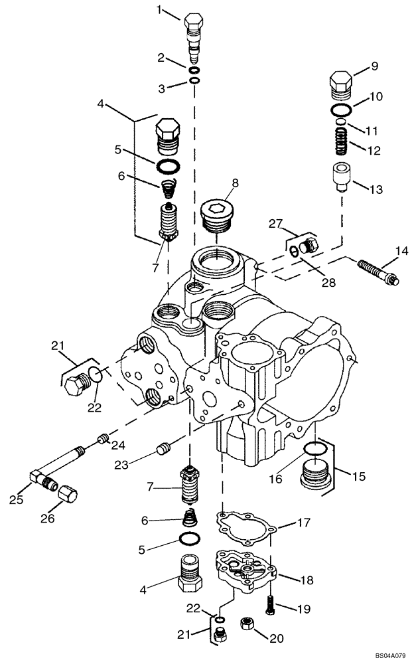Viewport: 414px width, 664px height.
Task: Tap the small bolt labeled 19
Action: coord(270,605)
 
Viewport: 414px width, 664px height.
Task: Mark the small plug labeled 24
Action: coord(102,438)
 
